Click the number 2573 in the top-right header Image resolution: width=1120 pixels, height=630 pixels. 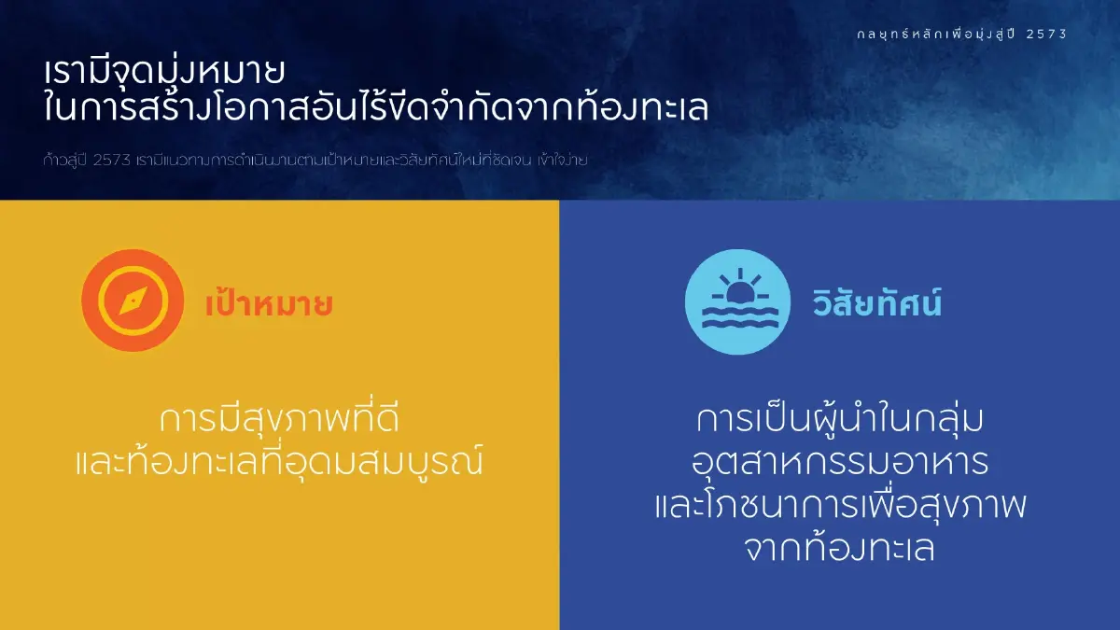pos(1045,34)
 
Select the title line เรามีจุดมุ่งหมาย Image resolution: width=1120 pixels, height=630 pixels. pos(163,73)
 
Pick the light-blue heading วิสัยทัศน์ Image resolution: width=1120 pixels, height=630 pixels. pos(876,304)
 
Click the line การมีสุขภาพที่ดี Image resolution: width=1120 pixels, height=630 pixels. pos(280,420)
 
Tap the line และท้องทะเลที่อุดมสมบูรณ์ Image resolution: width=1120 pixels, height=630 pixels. pos(280,462)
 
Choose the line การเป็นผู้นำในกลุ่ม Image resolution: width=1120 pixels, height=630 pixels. pos(840,420)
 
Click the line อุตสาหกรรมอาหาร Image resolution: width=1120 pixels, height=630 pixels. pos(840,462)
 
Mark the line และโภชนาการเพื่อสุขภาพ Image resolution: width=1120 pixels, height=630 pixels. pos(840,506)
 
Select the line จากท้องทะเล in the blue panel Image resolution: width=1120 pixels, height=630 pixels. pos(840,549)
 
